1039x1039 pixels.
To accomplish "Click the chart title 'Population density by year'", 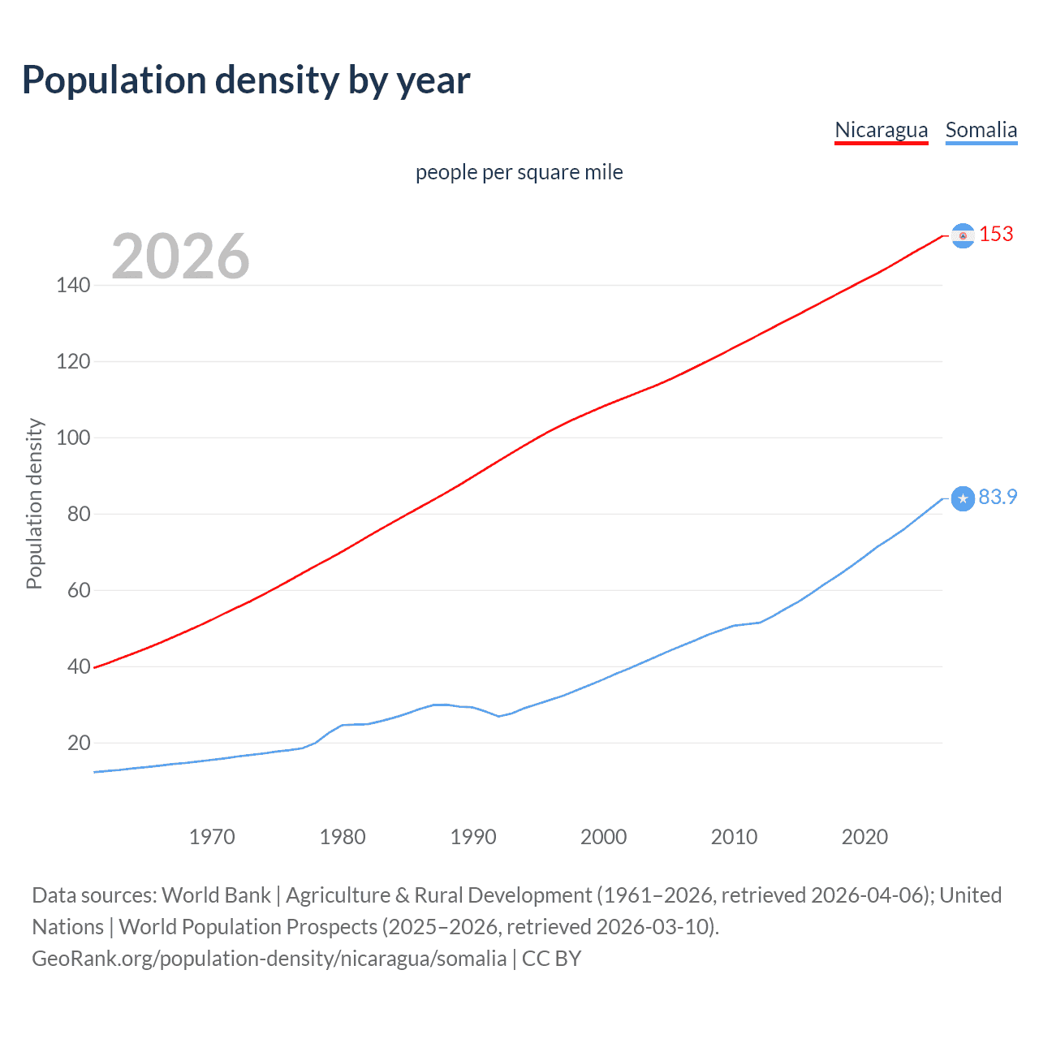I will pyautogui.click(x=246, y=80).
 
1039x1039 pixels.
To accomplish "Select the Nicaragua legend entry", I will pyautogui.click(x=881, y=130).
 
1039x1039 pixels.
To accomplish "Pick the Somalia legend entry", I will pyautogui.click(x=981, y=130).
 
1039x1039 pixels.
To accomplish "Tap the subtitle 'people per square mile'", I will pyautogui.click(x=519, y=172).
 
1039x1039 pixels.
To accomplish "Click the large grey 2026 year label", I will pyautogui.click(x=180, y=257).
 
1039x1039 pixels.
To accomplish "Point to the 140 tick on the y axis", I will pyautogui.click(x=73, y=285).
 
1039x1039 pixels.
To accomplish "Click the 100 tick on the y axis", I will pyautogui.click(x=73, y=438).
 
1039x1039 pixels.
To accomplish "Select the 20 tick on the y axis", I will pyautogui.click(x=79, y=743).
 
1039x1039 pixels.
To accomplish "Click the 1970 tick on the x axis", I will pyautogui.click(x=212, y=837).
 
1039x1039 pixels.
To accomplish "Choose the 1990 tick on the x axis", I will pyautogui.click(x=473, y=837).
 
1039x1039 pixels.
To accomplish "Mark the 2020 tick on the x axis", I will pyautogui.click(x=864, y=837).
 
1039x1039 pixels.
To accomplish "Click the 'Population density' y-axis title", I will pyautogui.click(x=34, y=503).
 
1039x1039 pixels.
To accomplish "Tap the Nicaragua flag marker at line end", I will pyautogui.click(x=963, y=235).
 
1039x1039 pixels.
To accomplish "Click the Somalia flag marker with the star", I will pyautogui.click(x=963, y=498).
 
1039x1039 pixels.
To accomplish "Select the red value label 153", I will pyautogui.click(x=996, y=234).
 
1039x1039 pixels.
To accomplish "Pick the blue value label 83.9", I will pyautogui.click(x=998, y=497).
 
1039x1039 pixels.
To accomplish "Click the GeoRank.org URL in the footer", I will pyautogui.click(x=269, y=959).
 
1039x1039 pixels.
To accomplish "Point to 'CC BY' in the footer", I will pyautogui.click(x=551, y=959).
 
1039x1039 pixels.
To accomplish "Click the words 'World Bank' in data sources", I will pyautogui.click(x=216, y=895).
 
